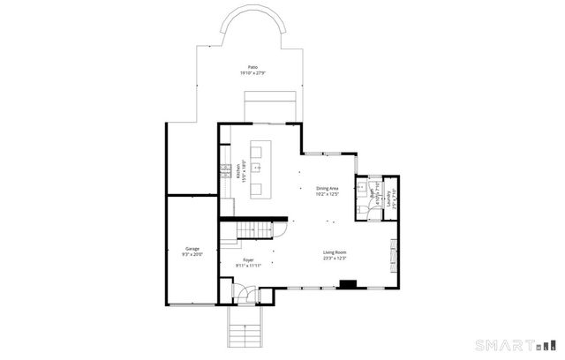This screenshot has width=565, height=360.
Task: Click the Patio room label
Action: coord(253,67)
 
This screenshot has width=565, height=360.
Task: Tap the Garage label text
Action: coord(192,249)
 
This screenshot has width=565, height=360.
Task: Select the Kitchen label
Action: coord(238,167)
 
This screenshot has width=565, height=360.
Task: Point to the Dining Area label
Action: coord(328,189)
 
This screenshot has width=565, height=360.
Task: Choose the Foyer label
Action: coord(249,259)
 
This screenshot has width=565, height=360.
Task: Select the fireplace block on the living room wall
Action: coord(349,284)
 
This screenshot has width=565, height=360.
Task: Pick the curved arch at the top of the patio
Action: coord(253,26)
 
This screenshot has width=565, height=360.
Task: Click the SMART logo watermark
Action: coord(517,344)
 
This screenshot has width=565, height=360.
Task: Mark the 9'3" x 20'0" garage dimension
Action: coord(192,254)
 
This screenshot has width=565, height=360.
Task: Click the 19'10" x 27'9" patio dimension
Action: coord(253,73)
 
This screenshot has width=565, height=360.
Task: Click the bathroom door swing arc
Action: coord(362,210)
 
